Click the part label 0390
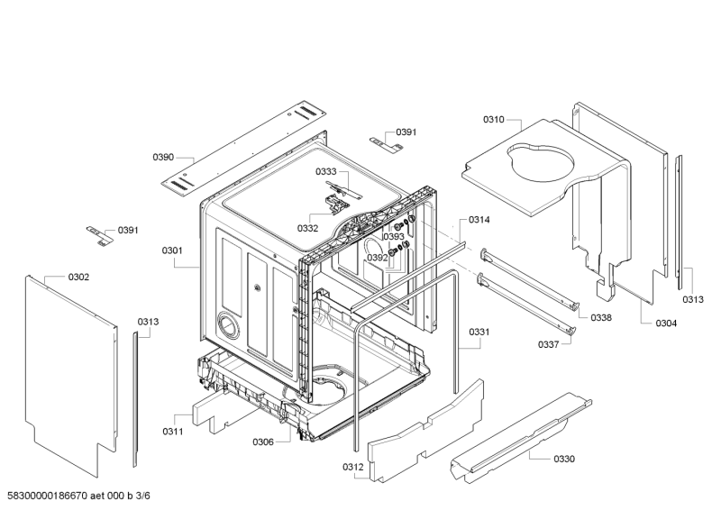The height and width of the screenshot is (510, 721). (162, 158)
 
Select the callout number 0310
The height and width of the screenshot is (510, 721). (493, 119)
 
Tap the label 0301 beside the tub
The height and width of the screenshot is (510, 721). (172, 250)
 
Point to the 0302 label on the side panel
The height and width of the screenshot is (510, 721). (78, 277)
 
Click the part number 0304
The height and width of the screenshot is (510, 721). (666, 323)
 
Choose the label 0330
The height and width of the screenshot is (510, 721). (563, 459)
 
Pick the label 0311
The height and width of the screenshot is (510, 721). (173, 432)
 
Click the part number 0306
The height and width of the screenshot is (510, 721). (263, 442)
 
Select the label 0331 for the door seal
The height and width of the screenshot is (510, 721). (479, 332)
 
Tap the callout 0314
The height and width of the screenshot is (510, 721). (479, 220)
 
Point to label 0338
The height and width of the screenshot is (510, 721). (601, 318)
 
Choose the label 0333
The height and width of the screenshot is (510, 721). (325, 171)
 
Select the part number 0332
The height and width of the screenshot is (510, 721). (307, 229)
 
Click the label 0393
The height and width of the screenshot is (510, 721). (394, 237)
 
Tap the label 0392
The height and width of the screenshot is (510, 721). (377, 258)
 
